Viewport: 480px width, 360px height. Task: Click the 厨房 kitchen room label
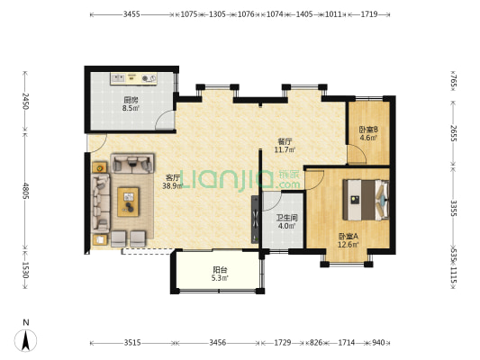pos(131,100)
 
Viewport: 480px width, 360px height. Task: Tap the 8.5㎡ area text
pos(131,108)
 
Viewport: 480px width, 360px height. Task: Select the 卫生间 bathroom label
pos(287,218)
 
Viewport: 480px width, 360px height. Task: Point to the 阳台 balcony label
pos(220,270)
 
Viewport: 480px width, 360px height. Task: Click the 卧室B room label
pos(368,130)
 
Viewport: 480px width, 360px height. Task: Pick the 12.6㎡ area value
pos(348,245)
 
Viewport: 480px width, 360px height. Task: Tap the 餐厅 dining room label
pos(285,141)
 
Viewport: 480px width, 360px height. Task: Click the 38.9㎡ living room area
pos(173,185)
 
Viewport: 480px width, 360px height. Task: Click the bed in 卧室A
pos(366,200)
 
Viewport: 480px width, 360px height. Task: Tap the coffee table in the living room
pos(128,202)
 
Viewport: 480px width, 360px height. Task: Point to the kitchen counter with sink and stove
pos(134,78)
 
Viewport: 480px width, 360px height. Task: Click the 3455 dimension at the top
pos(131,14)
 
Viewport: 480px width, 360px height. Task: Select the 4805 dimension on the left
pos(25,191)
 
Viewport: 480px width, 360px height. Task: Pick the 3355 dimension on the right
pos(453,208)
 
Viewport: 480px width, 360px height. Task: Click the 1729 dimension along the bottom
pos(282,343)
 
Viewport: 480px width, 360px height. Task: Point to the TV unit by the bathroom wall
pos(255,220)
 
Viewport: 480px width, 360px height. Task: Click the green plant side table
pos(99,167)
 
